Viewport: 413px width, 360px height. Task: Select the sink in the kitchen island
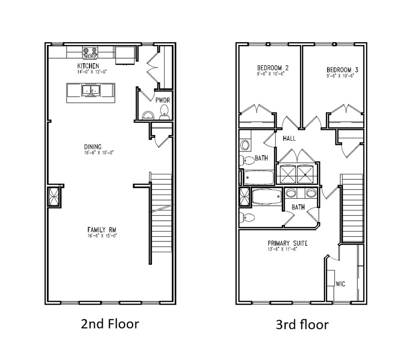tap(90, 90)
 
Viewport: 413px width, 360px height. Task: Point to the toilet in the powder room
tap(164, 111)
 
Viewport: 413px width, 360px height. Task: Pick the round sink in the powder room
tap(148, 115)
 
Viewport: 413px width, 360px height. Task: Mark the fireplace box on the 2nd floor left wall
tap(54, 196)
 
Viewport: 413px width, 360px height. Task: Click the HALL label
tap(289, 139)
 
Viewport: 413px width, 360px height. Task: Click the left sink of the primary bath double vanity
tap(291, 193)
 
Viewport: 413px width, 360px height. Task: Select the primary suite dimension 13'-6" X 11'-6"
tap(283, 249)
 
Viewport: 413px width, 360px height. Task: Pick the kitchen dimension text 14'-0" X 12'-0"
tap(89, 72)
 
